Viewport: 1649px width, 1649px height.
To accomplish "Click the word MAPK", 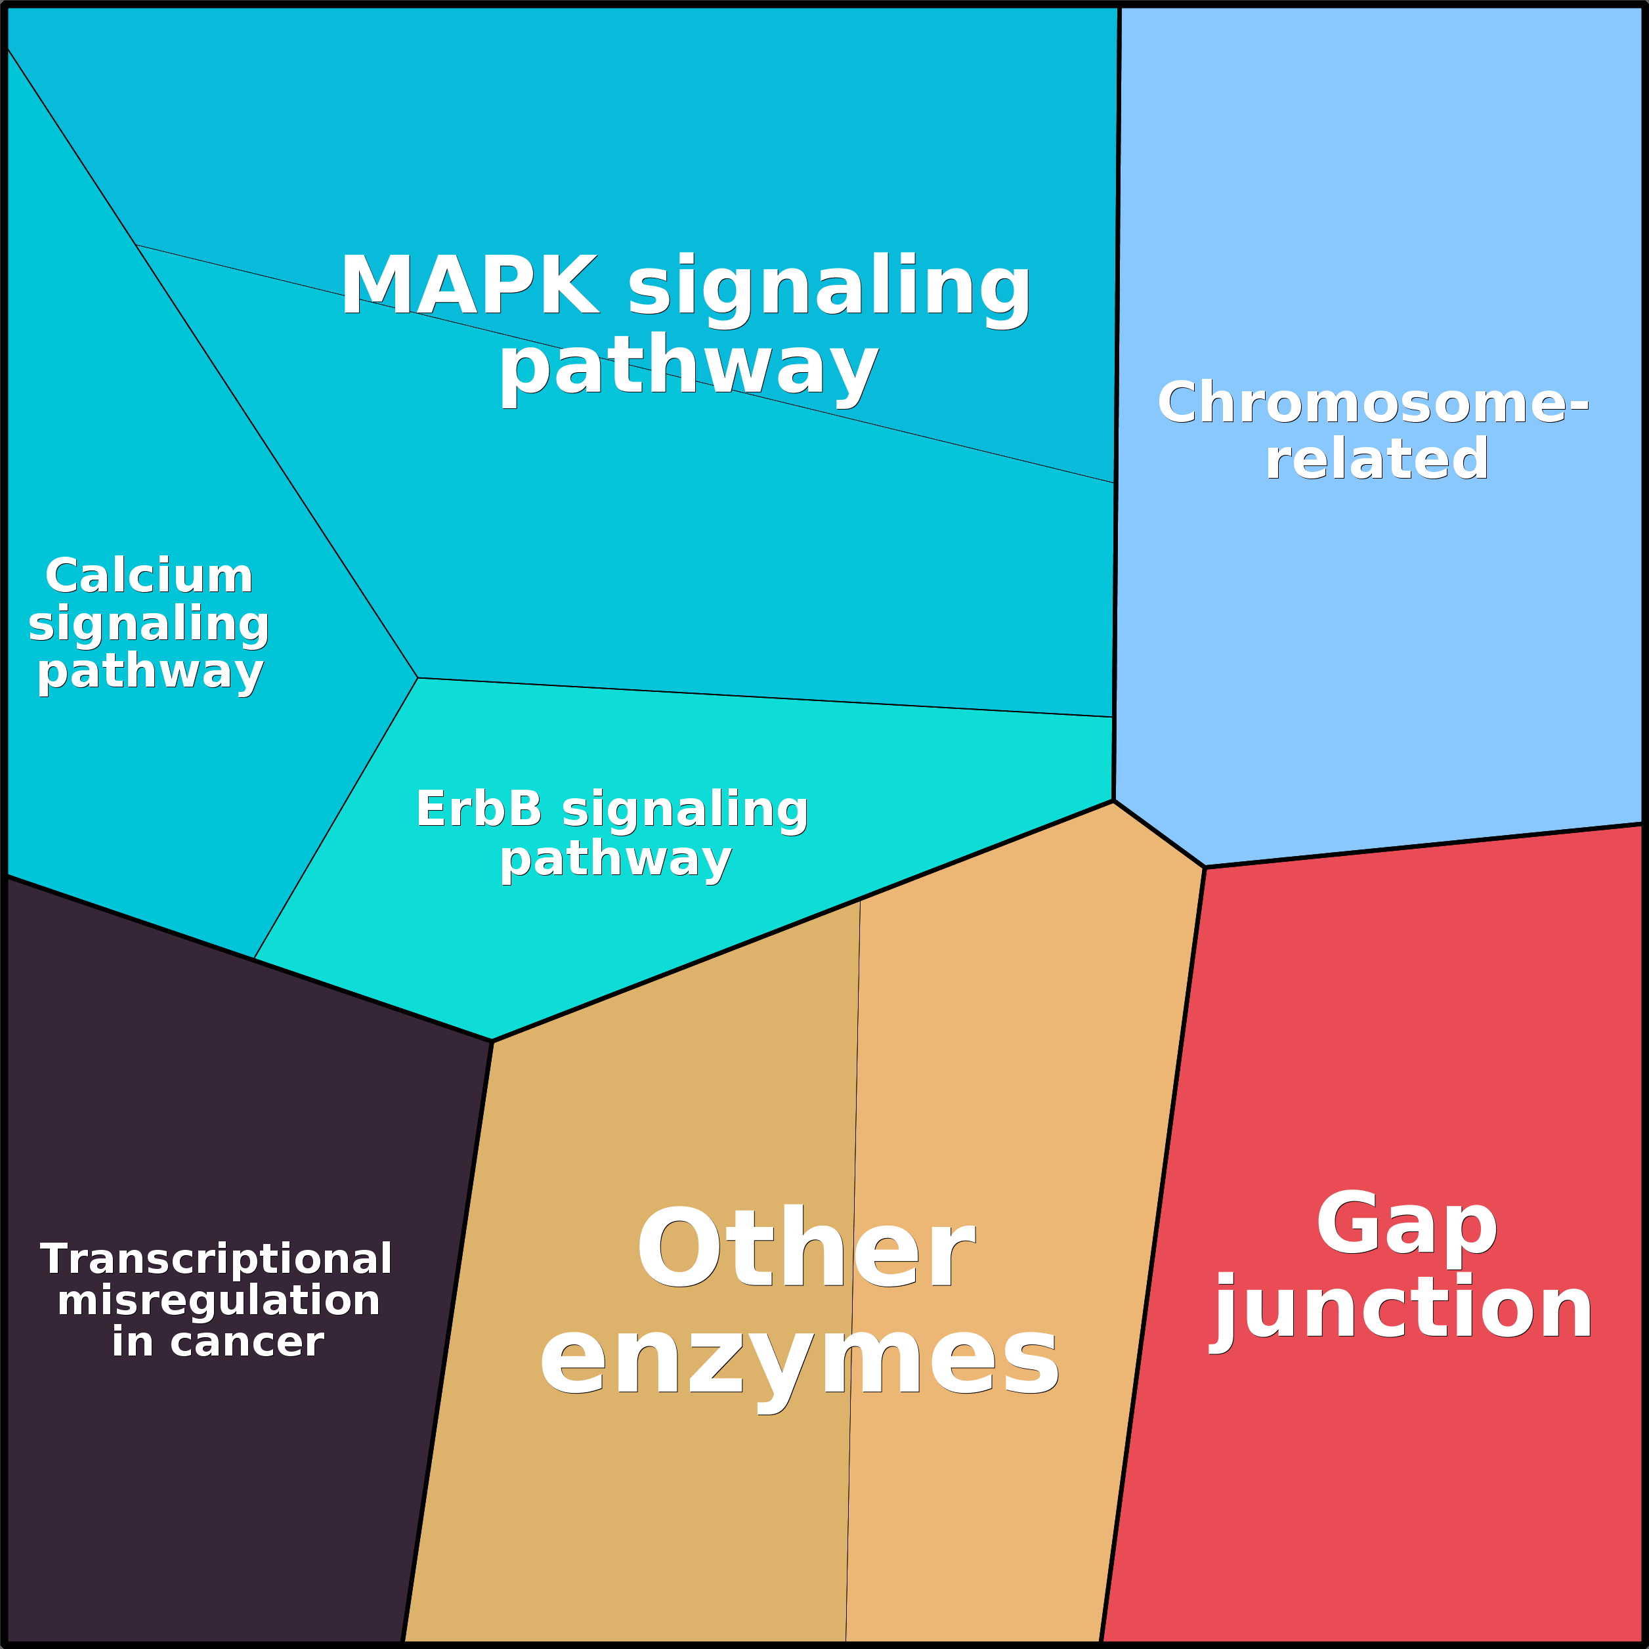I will click(469, 286).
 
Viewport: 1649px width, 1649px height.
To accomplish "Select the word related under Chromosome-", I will click(1377, 458).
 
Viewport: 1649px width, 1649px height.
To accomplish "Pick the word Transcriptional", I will click(216, 1259).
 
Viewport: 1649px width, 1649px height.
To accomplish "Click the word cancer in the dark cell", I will click(247, 1342).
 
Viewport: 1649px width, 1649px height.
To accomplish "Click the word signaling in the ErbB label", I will click(685, 809).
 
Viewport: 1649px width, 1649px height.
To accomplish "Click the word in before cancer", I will click(131, 1342).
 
